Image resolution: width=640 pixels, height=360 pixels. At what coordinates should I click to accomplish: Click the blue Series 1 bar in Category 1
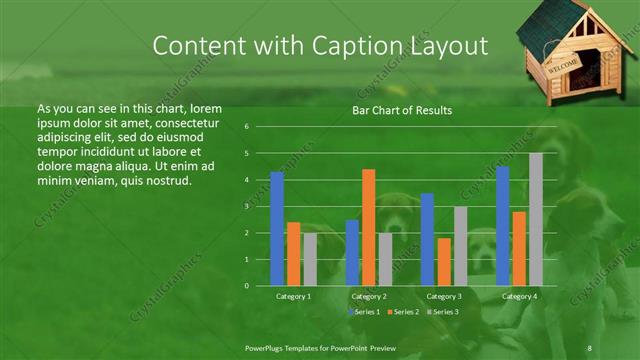tap(277, 229)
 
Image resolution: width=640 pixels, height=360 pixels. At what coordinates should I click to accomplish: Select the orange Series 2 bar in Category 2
tap(368, 227)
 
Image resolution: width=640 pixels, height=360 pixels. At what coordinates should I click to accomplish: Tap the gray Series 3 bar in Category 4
tap(536, 219)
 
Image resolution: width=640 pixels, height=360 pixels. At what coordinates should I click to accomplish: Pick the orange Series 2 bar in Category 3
tap(443, 261)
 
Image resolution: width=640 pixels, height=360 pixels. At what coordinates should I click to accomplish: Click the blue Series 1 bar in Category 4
tap(502, 226)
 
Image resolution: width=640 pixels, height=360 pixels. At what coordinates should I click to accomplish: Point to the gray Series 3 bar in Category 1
tap(310, 259)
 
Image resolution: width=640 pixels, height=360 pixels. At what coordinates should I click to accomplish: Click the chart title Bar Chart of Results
tap(401, 110)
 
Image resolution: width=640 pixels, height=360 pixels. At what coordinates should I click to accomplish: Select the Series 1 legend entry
tap(365, 312)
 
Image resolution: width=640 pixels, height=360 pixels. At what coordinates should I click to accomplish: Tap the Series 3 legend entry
tap(443, 312)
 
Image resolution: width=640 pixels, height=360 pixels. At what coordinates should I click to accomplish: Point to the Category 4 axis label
tap(518, 296)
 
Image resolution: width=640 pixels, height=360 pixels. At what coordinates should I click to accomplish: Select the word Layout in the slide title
tap(445, 46)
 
